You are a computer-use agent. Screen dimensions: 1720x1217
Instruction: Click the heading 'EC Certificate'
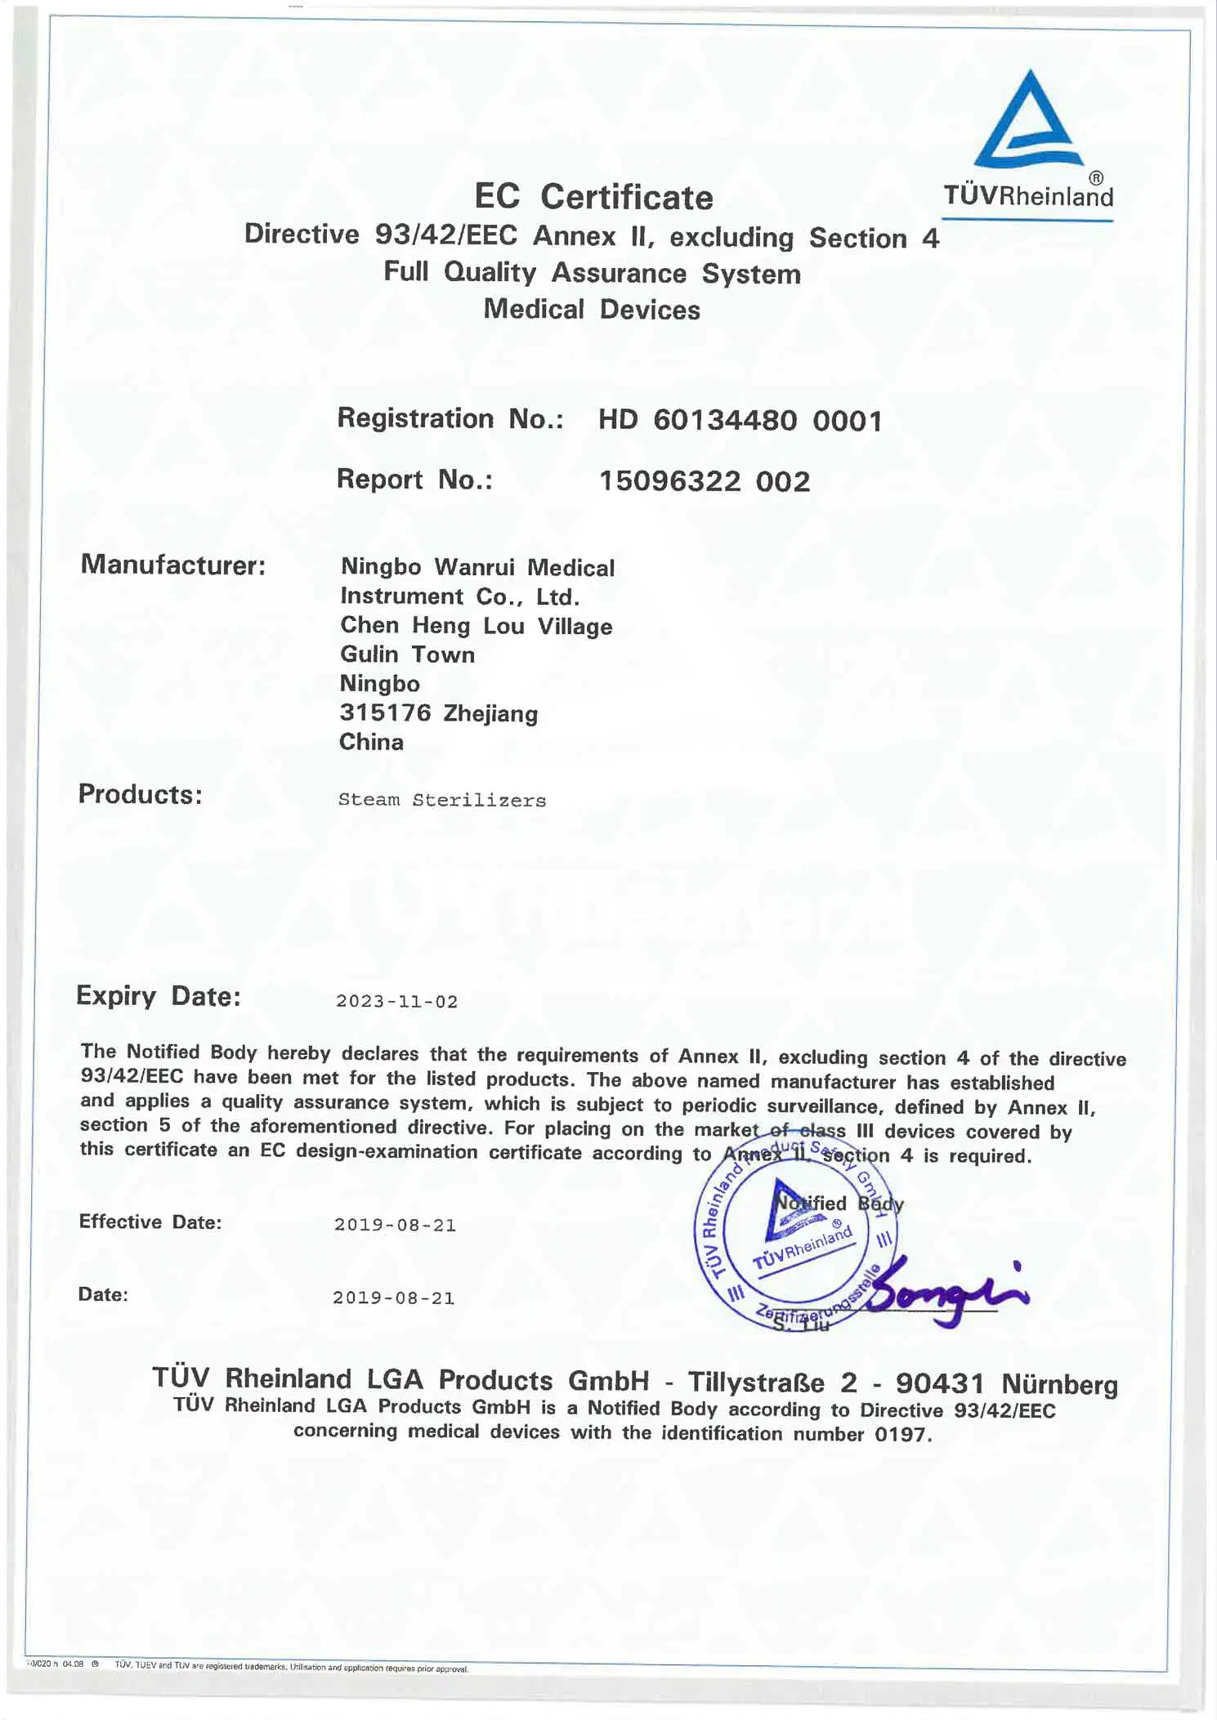[x=593, y=197]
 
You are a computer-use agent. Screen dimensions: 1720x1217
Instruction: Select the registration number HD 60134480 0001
[x=740, y=421]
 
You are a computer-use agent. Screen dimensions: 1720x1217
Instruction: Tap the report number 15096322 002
[x=705, y=481]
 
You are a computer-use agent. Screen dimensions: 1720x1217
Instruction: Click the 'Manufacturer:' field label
[x=173, y=565]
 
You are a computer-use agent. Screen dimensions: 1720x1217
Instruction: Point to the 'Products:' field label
[x=140, y=794]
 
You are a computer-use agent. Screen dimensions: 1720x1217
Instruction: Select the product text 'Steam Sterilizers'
[x=442, y=801]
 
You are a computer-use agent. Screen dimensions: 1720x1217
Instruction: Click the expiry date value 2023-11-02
[x=397, y=1002]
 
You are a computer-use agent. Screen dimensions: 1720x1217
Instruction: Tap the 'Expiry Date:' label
[x=159, y=996]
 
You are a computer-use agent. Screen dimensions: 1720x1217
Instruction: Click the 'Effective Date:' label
[x=150, y=1222]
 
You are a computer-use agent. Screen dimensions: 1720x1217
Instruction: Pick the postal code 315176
[x=385, y=713]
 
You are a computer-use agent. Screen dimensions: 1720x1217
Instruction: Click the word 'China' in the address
[x=371, y=742]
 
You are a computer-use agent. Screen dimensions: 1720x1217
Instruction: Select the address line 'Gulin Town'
[x=407, y=654]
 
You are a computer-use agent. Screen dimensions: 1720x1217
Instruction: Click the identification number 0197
[x=902, y=1435]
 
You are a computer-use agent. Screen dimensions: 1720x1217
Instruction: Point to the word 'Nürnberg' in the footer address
[x=1059, y=1384]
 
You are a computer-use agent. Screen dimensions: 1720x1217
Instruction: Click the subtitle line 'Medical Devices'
[x=592, y=310]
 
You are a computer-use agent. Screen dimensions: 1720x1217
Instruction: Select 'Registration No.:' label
[x=450, y=418]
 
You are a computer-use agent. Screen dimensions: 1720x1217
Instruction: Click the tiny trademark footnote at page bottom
[x=291, y=1668]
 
